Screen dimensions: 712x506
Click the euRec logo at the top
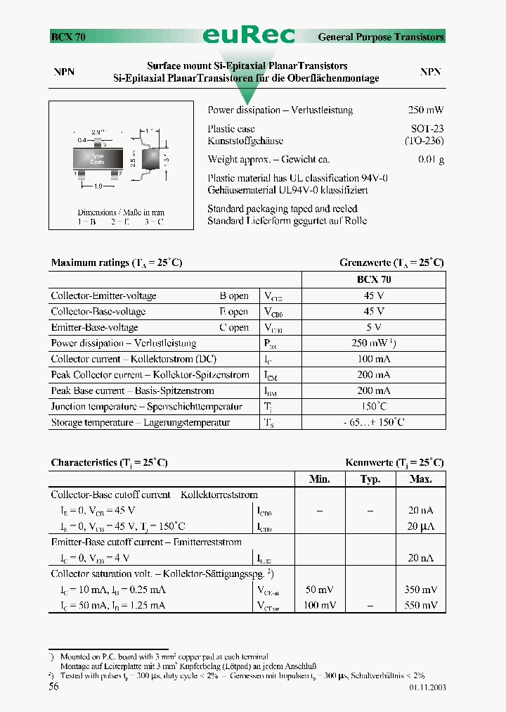(x=249, y=35)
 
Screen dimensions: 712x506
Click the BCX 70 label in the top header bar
(x=68, y=37)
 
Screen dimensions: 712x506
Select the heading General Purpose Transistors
(x=381, y=37)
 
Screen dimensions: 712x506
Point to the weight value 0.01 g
(x=431, y=160)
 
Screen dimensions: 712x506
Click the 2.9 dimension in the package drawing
(x=97, y=132)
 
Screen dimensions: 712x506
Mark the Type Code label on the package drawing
(x=97, y=159)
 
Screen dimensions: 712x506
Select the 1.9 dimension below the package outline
(x=99, y=186)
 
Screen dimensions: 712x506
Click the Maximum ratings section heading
(x=117, y=263)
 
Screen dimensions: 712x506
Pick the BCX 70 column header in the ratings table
(x=374, y=279)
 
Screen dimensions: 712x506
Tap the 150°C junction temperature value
(x=374, y=407)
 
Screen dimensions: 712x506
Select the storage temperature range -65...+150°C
(x=374, y=423)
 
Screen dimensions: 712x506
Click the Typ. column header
(x=370, y=479)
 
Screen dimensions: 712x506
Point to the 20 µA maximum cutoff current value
(x=420, y=526)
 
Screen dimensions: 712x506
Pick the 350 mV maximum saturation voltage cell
(x=420, y=590)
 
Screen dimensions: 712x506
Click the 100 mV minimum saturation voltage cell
(x=319, y=605)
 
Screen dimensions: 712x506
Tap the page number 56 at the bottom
(x=53, y=687)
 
